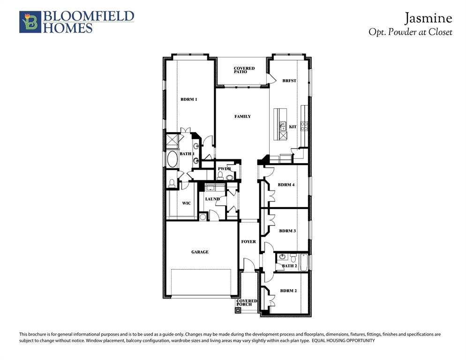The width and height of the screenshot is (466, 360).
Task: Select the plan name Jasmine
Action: pyautogui.click(x=428, y=18)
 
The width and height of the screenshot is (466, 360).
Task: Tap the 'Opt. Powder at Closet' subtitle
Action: pyautogui.click(x=410, y=32)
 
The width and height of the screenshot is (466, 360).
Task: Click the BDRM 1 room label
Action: pyautogui.click(x=189, y=99)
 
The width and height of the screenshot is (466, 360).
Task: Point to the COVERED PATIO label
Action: pyautogui.click(x=244, y=70)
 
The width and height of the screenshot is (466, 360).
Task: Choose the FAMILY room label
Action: pyautogui.click(x=242, y=116)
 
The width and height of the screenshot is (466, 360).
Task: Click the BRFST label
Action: pyautogui.click(x=289, y=81)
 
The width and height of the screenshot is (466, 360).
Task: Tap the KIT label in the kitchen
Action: pyautogui.click(x=293, y=127)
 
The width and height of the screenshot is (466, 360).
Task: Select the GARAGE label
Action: pyautogui.click(x=200, y=252)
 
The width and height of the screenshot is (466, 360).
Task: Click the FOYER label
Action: pyautogui.click(x=248, y=242)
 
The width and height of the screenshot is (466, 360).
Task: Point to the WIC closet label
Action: pyautogui.click(x=186, y=203)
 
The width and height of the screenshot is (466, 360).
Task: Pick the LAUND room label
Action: pyautogui.click(x=212, y=199)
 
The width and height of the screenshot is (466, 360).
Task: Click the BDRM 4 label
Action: pyautogui.click(x=286, y=185)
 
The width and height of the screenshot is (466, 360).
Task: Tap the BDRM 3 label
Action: pyautogui.click(x=287, y=231)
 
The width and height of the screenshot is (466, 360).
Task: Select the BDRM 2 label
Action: pyautogui.click(x=288, y=291)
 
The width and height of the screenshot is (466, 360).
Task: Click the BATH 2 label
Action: pyautogui.click(x=289, y=266)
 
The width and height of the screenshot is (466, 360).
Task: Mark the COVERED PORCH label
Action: pyautogui.click(x=247, y=303)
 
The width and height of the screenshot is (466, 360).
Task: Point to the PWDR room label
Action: pyautogui.click(x=224, y=169)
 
